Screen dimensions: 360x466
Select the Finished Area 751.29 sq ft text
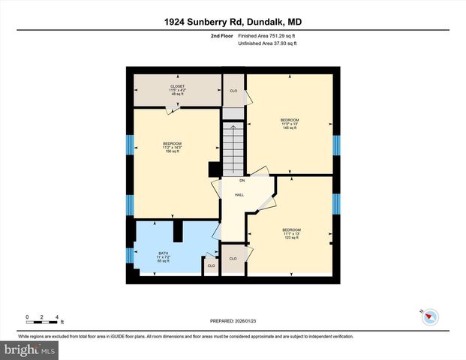(x=267, y=35)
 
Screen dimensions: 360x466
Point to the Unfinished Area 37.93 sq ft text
(x=267, y=43)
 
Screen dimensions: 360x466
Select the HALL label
(x=239, y=195)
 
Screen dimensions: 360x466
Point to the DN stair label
(x=242, y=181)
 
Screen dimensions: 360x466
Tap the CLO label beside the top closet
(x=233, y=91)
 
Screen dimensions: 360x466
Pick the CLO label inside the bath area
(x=211, y=265)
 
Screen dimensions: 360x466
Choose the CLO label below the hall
(x=233, y=259)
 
